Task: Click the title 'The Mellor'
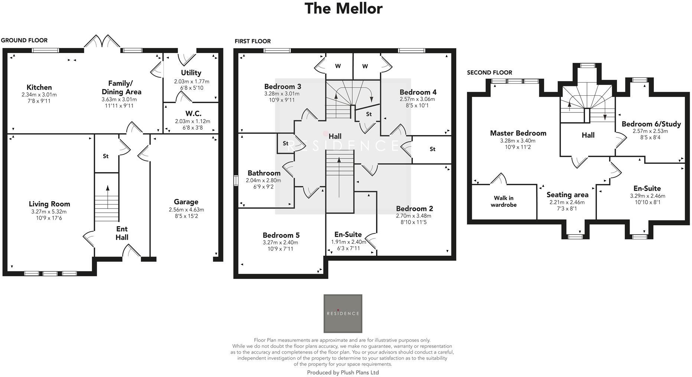[x=343, y=9]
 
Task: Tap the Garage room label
[x=186, y=202]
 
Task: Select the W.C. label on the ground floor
[x=193, y=114]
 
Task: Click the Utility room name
[x=191, y=73]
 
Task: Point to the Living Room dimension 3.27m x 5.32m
[x=49, y=212]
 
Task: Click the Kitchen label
[x=39, y=88]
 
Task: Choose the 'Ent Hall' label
[x=122, y=233]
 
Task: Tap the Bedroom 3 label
[x=283, y=86]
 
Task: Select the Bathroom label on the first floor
[x=264, y=173]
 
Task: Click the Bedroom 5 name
[x=281, y=235]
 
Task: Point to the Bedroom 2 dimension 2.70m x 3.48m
[x=414, y=216]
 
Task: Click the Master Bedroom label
[x=518, y=133]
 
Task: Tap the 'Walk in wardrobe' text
[x=503, y=201]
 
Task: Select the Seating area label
[x=567, y=195]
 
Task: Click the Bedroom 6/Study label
[x=651, y=124]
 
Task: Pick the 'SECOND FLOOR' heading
[x=489, y=73]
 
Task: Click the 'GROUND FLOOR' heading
[x=24, y=40]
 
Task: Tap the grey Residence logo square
[x=343, y=314]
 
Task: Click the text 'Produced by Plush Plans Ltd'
[x=343, y=373]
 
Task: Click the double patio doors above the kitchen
[x=102, y=42]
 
